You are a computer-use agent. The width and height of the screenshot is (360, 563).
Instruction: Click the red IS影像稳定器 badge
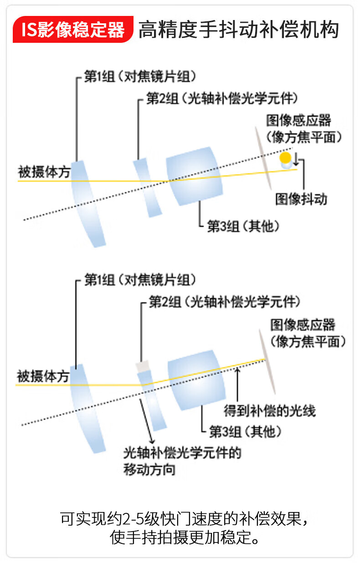click(x=73, y=30)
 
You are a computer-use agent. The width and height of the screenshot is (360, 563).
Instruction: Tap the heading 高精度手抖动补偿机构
click(x=239, y=30)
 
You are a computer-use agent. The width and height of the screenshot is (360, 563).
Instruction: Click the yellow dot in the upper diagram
click(x=285, y=158)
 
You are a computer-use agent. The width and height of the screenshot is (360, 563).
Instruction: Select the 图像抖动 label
click(x=301, y=200)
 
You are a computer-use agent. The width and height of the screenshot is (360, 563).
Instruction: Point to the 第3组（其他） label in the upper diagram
click(x=243, y=226)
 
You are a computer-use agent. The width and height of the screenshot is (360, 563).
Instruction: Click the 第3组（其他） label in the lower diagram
click(x=245, y=432)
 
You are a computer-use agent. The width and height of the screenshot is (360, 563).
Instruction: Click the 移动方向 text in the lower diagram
click(x=149, y=470)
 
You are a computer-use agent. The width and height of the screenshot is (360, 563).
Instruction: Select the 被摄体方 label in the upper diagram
click(x=44, y=172)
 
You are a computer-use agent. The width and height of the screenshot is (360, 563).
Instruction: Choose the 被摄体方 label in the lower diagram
click(x=43, y=376)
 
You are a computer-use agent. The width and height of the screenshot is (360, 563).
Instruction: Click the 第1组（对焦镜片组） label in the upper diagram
click(x=140, y=77)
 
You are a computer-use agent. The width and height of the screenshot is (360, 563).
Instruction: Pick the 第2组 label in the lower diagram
click(x=165, y=302)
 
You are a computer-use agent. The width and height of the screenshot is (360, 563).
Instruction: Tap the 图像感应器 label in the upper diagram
click(x=298, y=120)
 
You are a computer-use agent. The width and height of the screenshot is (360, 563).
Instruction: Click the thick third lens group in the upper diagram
click(x=194, y=176)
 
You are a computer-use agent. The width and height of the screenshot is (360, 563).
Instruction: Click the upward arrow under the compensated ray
click(x=237, y=385)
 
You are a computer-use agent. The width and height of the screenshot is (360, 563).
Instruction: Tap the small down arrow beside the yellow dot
click(x=296, y=159)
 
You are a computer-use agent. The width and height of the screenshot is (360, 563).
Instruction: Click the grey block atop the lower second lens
click(x=143, y=367)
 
